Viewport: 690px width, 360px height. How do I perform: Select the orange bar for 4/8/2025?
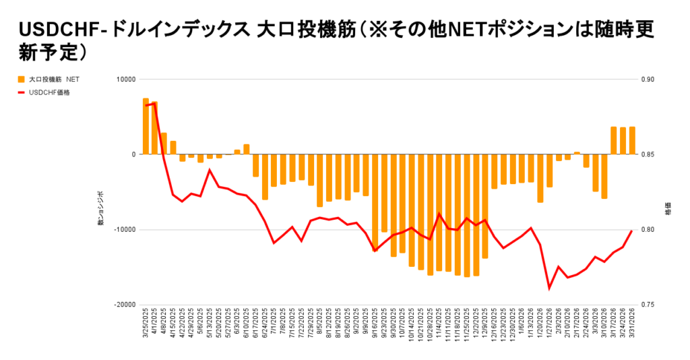164,144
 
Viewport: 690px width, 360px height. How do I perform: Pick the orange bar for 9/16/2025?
375,202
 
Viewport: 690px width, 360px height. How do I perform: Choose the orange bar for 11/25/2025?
466,215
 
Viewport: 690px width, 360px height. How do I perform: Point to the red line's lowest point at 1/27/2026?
549,289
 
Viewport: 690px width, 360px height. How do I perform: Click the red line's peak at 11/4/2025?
439,214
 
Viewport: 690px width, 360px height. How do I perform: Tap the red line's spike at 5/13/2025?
210,170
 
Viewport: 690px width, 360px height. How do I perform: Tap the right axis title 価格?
667,210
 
